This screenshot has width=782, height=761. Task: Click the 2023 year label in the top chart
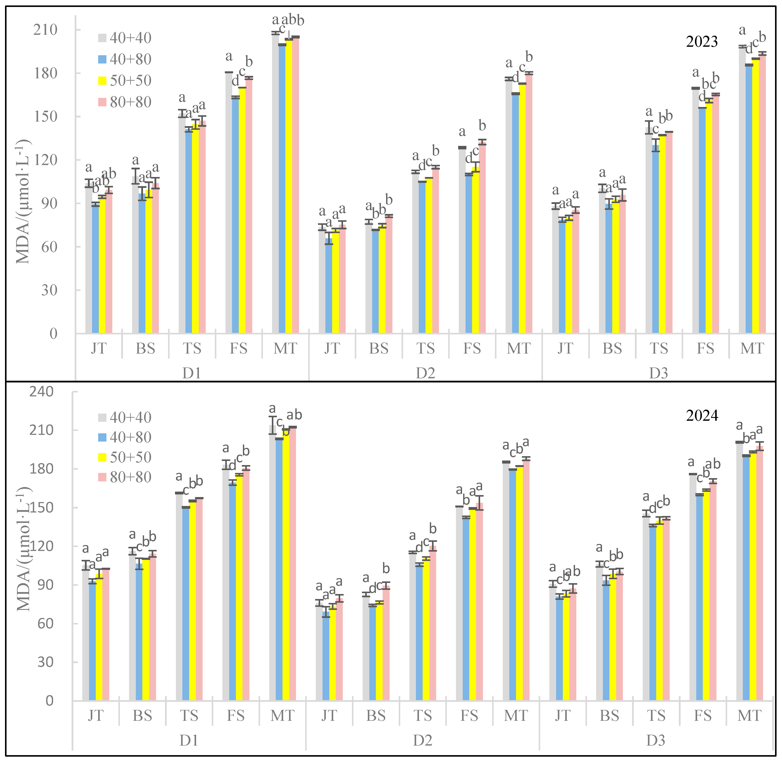coord(702,42)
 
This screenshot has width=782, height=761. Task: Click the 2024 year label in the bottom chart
coord(702,416)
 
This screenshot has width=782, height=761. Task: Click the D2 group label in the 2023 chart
coord(425,373)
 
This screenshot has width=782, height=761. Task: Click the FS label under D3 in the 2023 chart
coord(705,349)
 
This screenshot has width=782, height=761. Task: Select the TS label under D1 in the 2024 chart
coord(189,715)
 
